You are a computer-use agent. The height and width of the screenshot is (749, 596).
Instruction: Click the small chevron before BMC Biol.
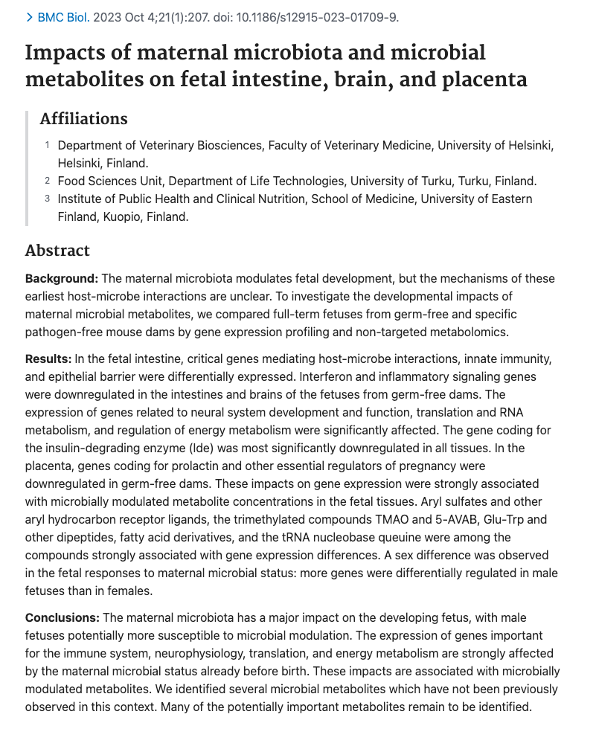[x=29, y=17]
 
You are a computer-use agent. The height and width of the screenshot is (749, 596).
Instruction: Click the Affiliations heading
[x=83, y=119]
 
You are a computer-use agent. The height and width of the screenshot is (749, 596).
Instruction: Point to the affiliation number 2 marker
[x=47, y=181]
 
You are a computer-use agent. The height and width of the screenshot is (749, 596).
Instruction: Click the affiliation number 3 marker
[x=47, y=199]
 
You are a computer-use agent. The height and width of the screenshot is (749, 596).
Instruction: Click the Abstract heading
[x=57, y=251]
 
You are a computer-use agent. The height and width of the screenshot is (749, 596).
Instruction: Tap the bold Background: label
[x=62, y=279]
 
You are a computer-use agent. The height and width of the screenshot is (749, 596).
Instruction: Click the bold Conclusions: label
[x=63, y=618]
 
